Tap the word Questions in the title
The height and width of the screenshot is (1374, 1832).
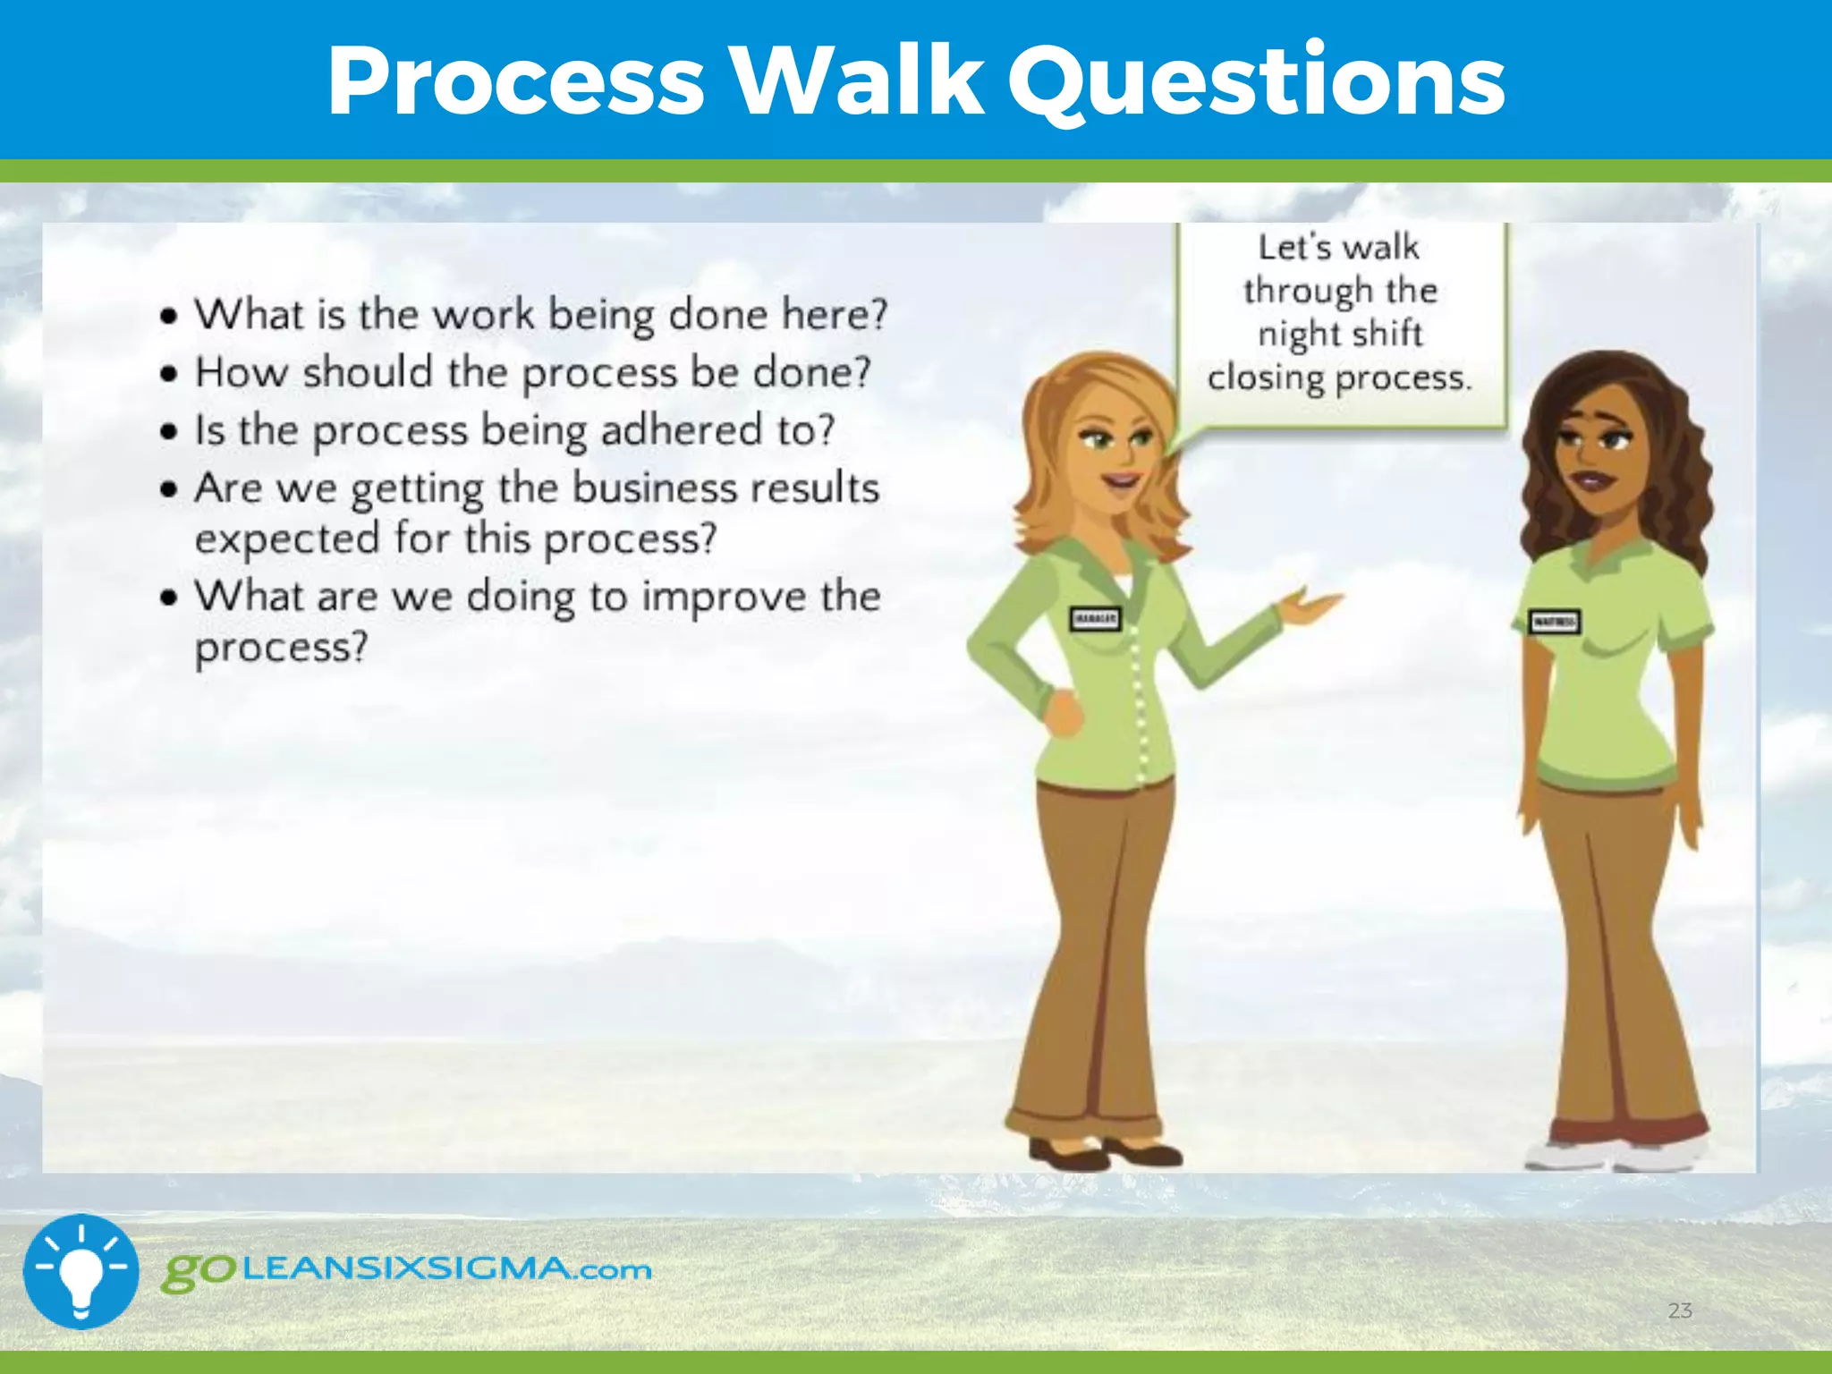pos(1256,82)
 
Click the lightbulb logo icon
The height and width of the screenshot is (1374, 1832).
pos(81,1271)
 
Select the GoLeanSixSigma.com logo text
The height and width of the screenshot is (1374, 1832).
pos(407,1269)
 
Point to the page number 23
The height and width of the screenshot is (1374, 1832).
pos(1679,1310)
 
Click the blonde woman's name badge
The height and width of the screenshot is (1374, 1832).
pos(1095,618)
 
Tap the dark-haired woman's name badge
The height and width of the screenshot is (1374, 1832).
pos(1555,622)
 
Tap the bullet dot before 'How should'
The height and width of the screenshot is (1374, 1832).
pos(169,374)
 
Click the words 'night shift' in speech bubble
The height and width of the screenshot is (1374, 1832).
pos(1339,334)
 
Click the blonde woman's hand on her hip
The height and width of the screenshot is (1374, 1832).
pos(1064,711)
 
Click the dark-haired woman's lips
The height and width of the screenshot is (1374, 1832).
pos(1593,480)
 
